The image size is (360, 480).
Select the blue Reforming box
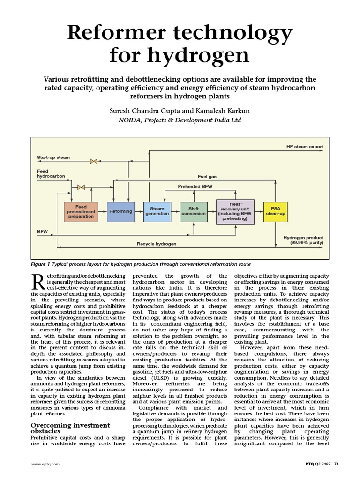pyautogui.click(x=120, y=211)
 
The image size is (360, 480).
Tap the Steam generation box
pyautogui.click(x=157, y=211)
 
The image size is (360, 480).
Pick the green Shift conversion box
pyautogui.click(x=194, y=211)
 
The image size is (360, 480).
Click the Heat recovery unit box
pyautogui.click(x=235, y=211)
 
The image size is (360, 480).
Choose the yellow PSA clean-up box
pyautogui.click(x=275, y=211)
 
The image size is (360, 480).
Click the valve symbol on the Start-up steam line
pyautogui.click(x=94, y=161)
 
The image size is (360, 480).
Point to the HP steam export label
pyautogui.click(x=305, y=147)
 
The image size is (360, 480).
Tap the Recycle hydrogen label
pyautogui.click(x=157, y=244)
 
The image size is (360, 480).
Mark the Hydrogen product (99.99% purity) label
pyautogui.click(x=303, y=240)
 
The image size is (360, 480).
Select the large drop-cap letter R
pyautogui.click(x=38, y=281)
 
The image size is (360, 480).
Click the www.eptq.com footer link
pyautogui.click(x=46, y=465)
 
